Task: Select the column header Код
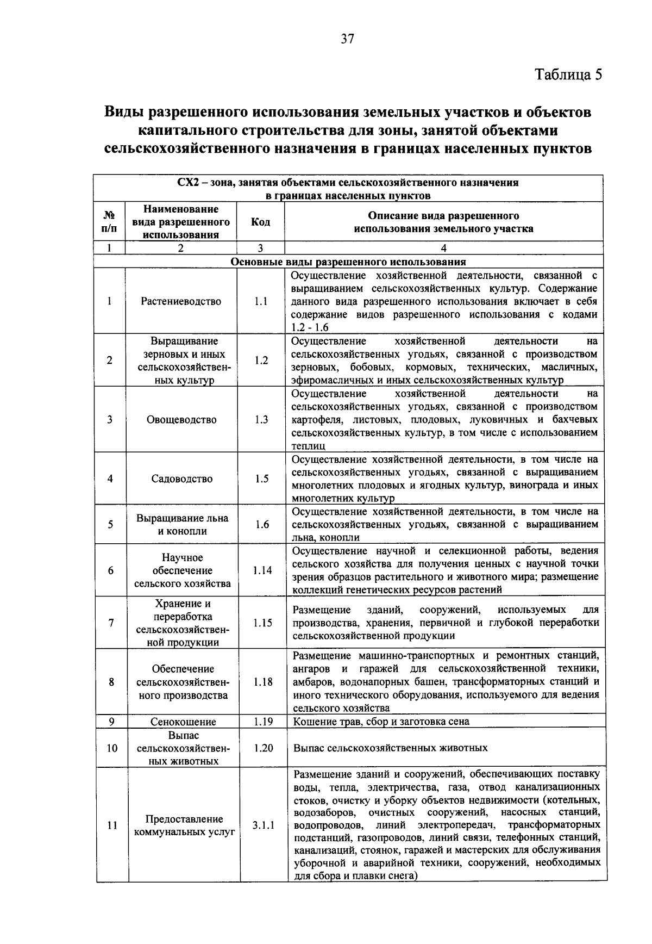260,222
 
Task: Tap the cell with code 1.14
262,570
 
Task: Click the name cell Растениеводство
181,301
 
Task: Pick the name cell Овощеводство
181,420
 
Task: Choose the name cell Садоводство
181,479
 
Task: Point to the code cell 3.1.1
264,825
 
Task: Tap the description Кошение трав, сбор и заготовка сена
381,722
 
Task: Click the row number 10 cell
111,748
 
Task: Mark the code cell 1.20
263,748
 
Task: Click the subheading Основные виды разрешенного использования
348,262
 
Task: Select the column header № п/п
109,222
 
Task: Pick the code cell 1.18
263,682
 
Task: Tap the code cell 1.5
262,479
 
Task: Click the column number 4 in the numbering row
443,248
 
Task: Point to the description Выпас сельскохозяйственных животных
390,748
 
